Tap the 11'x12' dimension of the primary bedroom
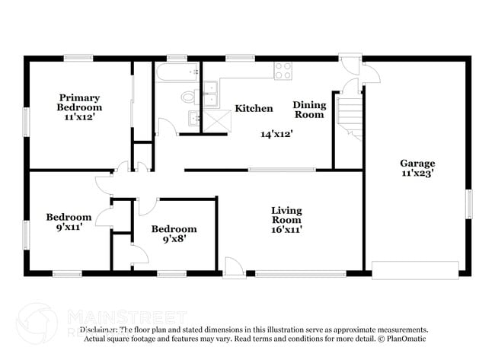[x=81, y=118]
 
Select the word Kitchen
[x=253, y=109]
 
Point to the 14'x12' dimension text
[x=276, y=133]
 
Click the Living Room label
[x=286, y=215]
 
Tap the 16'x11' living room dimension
[x=286, y=230]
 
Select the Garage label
[x=417, y=163]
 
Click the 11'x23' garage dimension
[x=417, y=174]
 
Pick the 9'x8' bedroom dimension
[x=174, y=239]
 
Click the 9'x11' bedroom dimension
[x=68, y=227]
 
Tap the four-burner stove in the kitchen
[x=283, y=70]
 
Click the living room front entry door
[x=234, y=268]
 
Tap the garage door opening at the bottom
[x=415, y=270]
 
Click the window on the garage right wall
[x=469, y=204]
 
